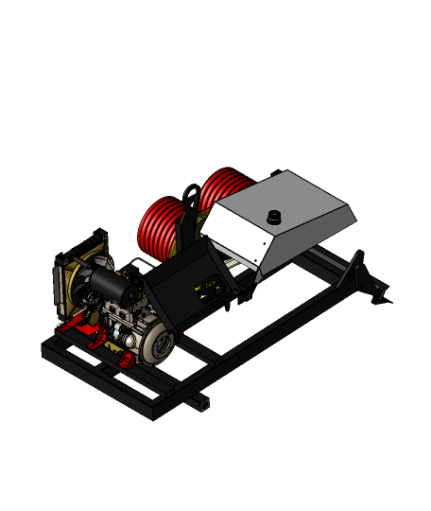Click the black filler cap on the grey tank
click(275, 218)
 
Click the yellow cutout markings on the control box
click(204, 284)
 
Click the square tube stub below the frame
click(199, 404)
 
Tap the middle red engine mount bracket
click(98, 341)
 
